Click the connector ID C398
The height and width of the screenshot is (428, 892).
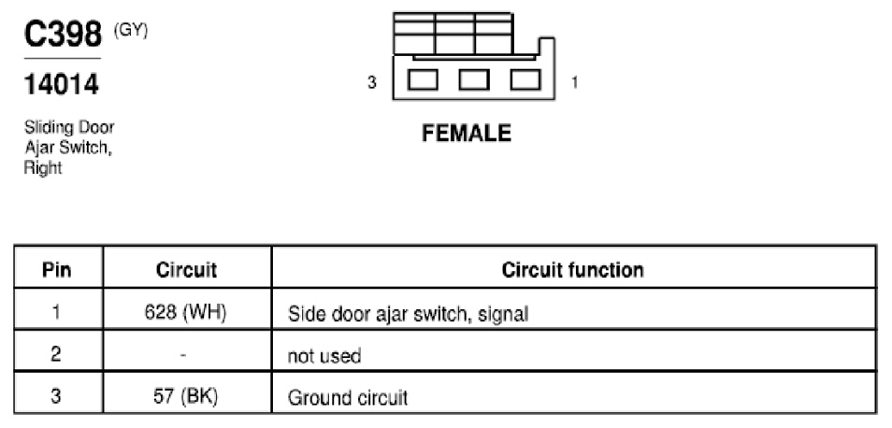click(63, 35)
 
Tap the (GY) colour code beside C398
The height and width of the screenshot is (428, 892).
click(131, 32)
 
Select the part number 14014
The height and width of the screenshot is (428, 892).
click(62, 85)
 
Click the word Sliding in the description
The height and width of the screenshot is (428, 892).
click(46, 127)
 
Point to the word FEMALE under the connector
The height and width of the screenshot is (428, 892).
click(467, 134)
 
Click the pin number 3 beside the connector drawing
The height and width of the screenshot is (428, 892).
click(371, 83)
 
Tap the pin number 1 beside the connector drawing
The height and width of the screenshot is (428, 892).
click(575, 83)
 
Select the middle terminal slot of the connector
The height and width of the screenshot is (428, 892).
click(474, 79)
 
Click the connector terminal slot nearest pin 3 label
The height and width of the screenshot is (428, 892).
click(423, 79)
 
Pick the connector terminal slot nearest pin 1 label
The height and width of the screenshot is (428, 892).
click(525, 79)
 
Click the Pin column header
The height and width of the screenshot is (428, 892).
click(57, 269)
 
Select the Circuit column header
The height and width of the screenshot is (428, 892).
click(187, 269)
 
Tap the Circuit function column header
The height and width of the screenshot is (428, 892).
click(573, 269)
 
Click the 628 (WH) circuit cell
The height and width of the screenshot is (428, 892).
click(186, 313)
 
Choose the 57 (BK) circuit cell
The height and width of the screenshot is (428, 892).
click(186, 397)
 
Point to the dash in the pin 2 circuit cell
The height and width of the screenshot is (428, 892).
click(183, 356)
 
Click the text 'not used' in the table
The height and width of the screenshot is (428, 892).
click(324, 356)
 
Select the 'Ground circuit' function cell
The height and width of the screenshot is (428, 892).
click(348, 397)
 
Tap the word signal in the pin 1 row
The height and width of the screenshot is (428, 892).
click(503, 314)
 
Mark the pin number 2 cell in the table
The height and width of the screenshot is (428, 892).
click(56, 355)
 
